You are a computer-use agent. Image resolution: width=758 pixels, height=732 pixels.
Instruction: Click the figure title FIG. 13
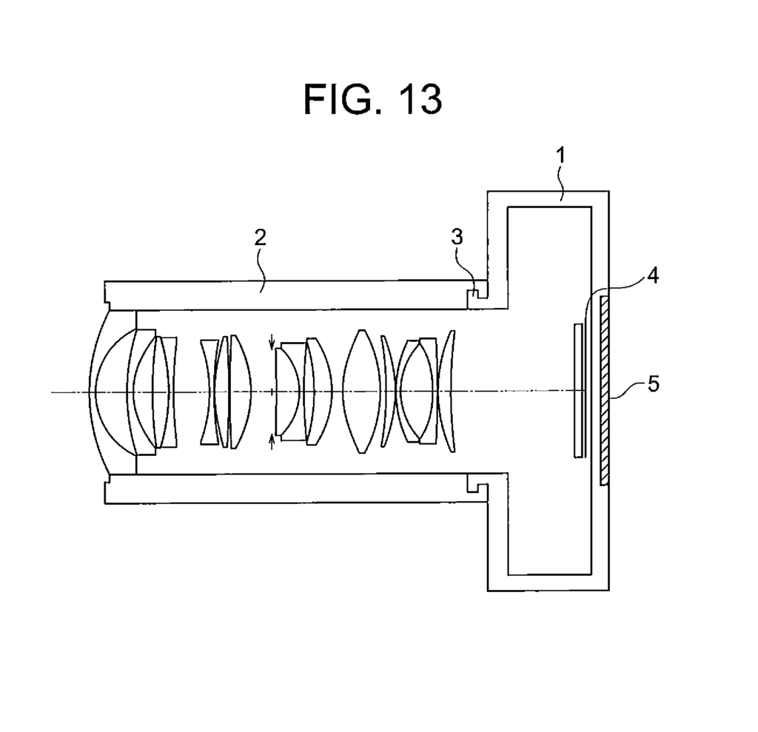pos(372,98)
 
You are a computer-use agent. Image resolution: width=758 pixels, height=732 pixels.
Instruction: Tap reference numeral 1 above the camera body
pos(560,155)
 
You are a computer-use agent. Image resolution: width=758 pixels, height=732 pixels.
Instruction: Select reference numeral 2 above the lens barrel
pos(260,238)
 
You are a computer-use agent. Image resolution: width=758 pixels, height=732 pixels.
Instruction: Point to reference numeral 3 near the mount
pos(457,237)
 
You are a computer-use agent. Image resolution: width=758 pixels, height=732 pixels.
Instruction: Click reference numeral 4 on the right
pos(653,276)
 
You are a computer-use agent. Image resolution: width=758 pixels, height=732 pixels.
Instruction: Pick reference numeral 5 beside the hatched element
pos(653,384)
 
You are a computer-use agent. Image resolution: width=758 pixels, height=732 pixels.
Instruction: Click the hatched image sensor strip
pos(604,391)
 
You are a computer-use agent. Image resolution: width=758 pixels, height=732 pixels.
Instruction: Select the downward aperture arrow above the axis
pos(272,341)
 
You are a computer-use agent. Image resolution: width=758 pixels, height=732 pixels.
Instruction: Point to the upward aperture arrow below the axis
pos(272,441)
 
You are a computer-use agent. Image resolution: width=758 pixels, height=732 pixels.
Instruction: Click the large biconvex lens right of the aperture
pos(361,391)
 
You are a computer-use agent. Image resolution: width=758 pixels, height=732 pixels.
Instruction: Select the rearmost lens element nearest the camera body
pos(448,391)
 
